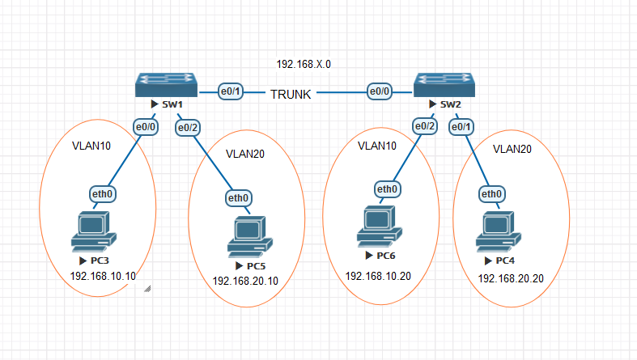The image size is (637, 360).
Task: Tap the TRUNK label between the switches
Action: pos(291,94)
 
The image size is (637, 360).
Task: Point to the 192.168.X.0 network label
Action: pos(304,63)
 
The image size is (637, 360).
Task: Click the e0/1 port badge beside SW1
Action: pos(231,91)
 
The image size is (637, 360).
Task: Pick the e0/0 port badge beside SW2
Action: pos(379,91)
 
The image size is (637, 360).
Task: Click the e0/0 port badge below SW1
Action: pos(146,126)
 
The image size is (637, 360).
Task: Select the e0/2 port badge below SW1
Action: pos(188,127)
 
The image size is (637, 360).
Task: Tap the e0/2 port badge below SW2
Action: pos(424,126)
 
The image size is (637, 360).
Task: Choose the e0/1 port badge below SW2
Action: pos(461,127)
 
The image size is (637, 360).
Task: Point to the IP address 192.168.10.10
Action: pos(104,276)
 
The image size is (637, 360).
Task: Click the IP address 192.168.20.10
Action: pos(245,281)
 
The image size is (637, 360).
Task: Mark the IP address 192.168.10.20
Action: pos(378,276)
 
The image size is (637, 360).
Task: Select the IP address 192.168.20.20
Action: pos(511,278)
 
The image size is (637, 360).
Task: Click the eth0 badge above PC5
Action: pos(238,198)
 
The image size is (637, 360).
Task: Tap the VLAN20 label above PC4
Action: pos(513,149)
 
